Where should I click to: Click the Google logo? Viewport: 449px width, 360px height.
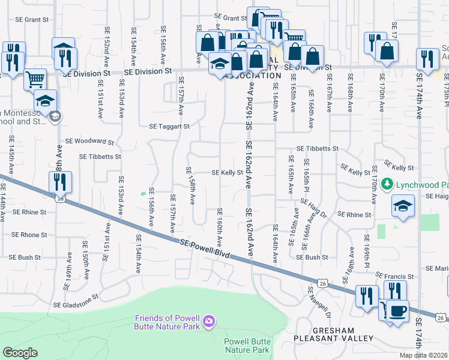[x=20, y=353]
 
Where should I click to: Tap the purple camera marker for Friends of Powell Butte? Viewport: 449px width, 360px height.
[x=208, y=321]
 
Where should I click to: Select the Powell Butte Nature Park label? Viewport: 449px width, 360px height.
[x=246, y=345]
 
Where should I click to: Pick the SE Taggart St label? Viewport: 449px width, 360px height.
[x=169, y=127]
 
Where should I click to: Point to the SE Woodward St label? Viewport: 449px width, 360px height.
[x=89, y=142]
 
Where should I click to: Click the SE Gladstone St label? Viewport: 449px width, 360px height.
[x=76, y=304]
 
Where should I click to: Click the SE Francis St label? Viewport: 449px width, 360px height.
[x=395, y=276]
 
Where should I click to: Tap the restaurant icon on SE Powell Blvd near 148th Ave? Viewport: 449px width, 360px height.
[x=60, y=182]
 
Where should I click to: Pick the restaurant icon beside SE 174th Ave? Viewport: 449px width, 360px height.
[x=427, y=59]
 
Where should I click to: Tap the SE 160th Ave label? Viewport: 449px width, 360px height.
[x=220, y=227]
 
